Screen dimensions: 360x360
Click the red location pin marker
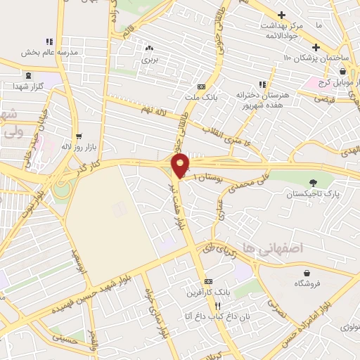coord(181,166)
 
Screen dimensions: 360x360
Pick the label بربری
coord(149,60)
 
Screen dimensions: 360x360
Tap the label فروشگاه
coord(307,284)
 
